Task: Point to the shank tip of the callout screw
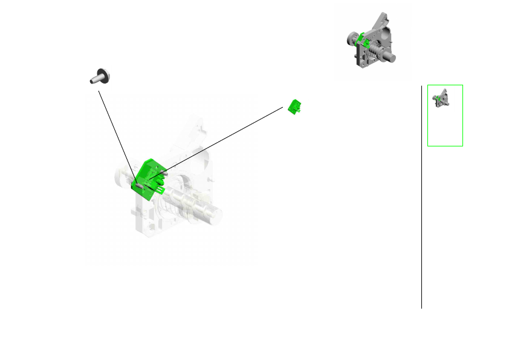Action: click(92, 80)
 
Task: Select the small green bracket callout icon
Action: click(296, 106)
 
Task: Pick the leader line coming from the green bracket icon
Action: click(224, 139)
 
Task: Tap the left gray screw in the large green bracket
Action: click(138, 185)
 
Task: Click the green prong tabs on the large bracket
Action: click(160, 190)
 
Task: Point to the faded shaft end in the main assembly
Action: click(215, 215)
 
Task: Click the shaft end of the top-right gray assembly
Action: click(392, 58)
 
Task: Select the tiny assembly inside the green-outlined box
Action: click(441, 98)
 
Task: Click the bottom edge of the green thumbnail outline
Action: click(445, 146)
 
